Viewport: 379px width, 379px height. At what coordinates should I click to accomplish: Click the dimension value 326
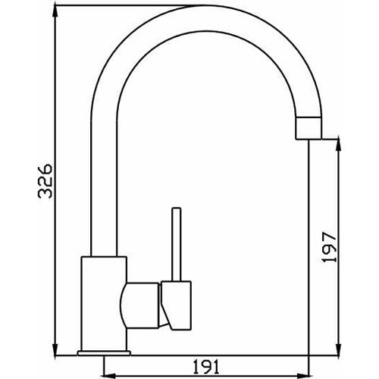[x=46, y=180]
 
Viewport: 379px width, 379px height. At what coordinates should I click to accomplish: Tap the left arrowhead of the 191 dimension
[x=107, y=373]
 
